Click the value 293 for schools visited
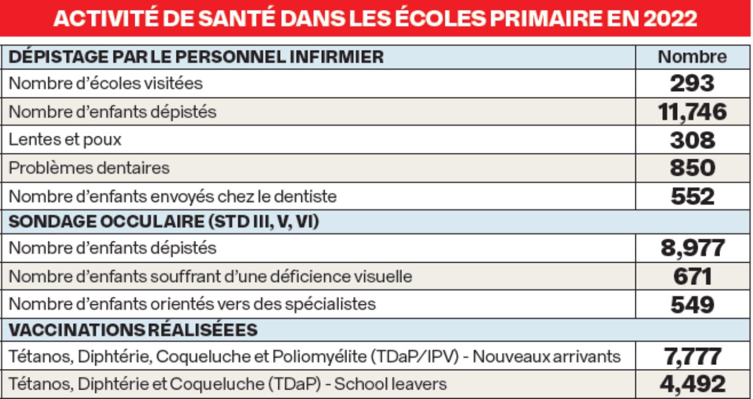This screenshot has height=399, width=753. [x=692, y=83]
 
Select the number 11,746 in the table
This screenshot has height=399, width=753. [x=692, y=111]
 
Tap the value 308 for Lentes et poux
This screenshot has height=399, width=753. [x=692, y=140]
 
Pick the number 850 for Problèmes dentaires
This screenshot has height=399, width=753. [x=692, y=168]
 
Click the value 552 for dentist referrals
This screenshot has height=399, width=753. [x=692, y=196]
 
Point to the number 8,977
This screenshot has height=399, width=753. [x=692, y=248]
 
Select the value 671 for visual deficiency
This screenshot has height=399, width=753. [x=692, y=276]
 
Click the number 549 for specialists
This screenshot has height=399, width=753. [x=692, y=304]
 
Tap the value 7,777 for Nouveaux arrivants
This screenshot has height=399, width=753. [x=692, y=356]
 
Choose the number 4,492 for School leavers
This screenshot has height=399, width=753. [x=692, y=384]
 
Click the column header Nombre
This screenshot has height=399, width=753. [x=692, y=57]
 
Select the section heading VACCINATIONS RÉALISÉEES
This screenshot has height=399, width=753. [x=134, y=330]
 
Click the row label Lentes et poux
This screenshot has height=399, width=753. [x=65, y=140]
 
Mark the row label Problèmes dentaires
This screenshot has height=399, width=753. [x=89, y=168]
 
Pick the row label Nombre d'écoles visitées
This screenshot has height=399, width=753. [x=106, y=83]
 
